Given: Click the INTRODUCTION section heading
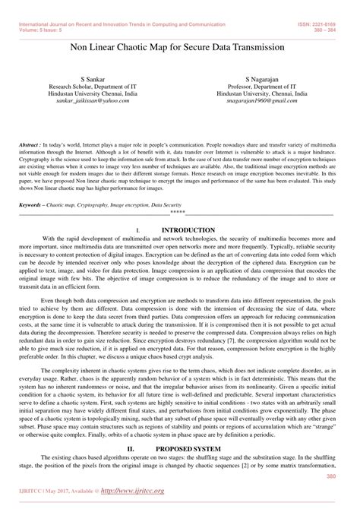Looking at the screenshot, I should click(189, 229).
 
